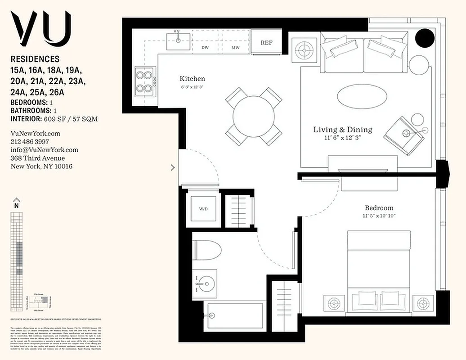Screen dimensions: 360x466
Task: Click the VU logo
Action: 41,27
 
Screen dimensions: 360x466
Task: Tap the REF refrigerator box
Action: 267,43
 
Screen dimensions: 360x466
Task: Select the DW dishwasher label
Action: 205,47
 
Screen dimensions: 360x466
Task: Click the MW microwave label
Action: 235,47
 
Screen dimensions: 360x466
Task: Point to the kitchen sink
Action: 179,40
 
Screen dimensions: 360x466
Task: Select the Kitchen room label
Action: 192,79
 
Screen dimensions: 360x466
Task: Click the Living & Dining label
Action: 343,130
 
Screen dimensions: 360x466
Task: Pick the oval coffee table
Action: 362,96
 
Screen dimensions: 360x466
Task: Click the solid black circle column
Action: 424,38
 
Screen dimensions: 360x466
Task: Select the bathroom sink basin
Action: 204,283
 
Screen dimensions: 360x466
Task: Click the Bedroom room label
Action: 379,208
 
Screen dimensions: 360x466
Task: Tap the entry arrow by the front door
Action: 173,167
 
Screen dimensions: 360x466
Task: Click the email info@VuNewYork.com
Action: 44,150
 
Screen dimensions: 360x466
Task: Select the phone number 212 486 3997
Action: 31,142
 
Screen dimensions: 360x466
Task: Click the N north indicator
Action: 17,205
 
